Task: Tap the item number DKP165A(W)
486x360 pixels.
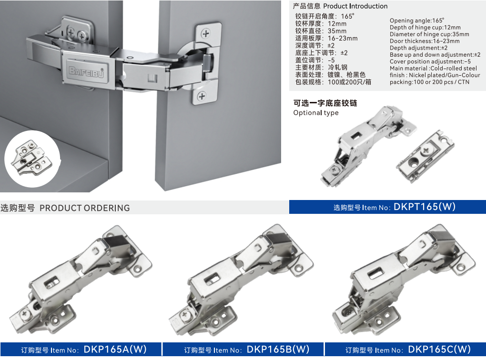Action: click(115, 350)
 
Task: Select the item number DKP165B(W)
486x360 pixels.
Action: click(278, 350)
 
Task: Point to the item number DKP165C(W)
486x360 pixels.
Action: click(439, 350)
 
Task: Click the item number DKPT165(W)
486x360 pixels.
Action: click(425, 207)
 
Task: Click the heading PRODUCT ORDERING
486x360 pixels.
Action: click(85, 208)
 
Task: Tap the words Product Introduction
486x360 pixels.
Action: click(355, 6)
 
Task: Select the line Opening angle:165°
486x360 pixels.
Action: click(416, 20)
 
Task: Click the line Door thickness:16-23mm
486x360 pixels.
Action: click(425, 41)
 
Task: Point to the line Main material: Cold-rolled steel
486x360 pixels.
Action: click(433, 68)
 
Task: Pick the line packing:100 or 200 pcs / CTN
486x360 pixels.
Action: click(430, 82)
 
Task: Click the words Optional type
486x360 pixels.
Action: click(316, 113)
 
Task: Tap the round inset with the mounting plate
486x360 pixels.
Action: click(32, 159)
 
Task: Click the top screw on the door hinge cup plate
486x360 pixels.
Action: click(205, 33)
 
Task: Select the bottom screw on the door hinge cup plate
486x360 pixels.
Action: click(202, 96)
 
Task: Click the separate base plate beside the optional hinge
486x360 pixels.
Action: click(425, 157)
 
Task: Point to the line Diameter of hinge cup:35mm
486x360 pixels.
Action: click(429, 34)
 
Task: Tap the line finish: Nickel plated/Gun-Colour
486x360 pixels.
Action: click(435, 75)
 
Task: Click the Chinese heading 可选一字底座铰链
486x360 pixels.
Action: click(325, 103)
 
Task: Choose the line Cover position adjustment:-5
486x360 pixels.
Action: click(430, 61)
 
